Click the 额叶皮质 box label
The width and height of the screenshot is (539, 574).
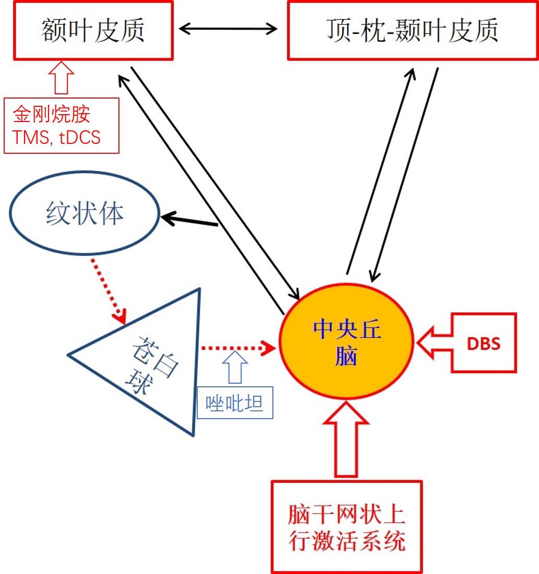pyautogui.click(x=93, y=30)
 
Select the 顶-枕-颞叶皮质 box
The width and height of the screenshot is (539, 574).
pyautogui.click(x=412, y=30)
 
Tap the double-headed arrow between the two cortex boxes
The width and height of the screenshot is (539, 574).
pyautogui.click(x=228, y=29)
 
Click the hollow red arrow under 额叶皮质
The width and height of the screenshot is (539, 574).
pyautogui.click(x=61, y=77)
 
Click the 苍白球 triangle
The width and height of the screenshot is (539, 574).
pyautogui.click(x=151, y=360)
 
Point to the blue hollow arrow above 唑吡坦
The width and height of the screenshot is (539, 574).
pyautogui.click(x=236, y=368)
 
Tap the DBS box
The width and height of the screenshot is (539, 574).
pyautogui.click(x=483, y=343)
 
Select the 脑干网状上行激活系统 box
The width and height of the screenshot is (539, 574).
pyautogui.click(x=346, y=527)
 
